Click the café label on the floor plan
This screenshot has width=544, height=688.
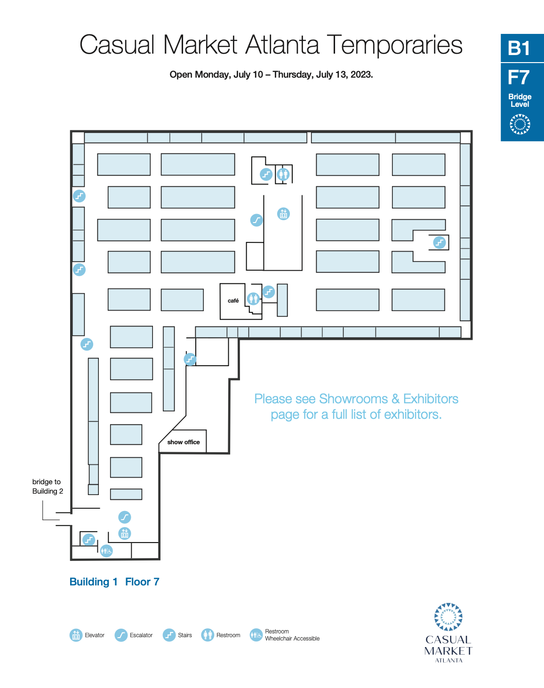(x=233, y=301)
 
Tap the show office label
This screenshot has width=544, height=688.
(x=183, y=442)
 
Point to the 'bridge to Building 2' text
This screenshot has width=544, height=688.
(x=48, y=486)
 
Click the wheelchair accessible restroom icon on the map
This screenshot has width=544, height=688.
(x=106, y=551)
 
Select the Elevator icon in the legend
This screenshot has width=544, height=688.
(x=76, y=635)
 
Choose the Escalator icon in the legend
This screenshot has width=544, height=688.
(x=121, y=635)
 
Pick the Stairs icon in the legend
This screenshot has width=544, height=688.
(x=169, y=635)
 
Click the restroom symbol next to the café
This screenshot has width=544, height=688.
(x=253, y=299)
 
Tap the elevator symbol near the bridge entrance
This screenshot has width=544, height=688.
(x=125, y=533)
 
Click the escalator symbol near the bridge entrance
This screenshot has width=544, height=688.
(x=125, y=517)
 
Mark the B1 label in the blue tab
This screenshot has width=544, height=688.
(x=519, y=48)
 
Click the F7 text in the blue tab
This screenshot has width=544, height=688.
(x=519, y=77)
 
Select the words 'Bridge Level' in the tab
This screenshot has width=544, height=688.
(x=520, y=100)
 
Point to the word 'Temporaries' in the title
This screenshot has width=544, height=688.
(x=395, y=45)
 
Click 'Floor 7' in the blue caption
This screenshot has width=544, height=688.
(x=142, y=582)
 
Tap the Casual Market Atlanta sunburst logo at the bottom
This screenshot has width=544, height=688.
(x=448, y=617)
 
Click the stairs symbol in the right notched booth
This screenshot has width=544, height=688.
(x=440, y=242)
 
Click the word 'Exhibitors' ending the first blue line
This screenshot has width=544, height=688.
(x=431, y=399)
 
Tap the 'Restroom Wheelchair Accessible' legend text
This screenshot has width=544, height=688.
(x=292, y=635)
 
